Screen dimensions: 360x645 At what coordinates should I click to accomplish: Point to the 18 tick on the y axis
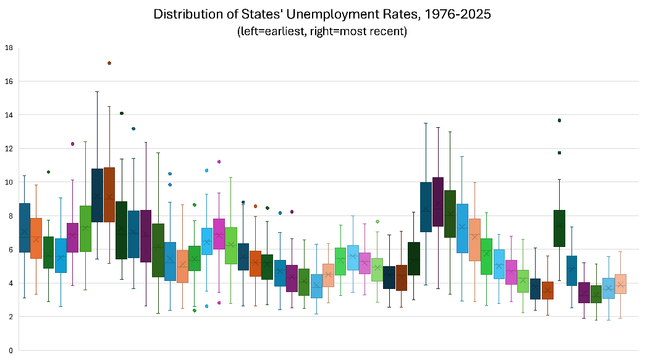click(8, 48)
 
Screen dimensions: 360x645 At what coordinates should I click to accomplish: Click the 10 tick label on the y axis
click(8, 182)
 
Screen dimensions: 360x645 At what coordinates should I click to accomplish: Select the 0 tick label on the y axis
click(10, 350)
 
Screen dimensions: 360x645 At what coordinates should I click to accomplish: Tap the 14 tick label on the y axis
click(8, 115)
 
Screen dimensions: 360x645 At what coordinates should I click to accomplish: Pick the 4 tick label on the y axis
click(10, 283)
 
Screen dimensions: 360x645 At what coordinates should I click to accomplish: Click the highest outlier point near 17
click(109, 63)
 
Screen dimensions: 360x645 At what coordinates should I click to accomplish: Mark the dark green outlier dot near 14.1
click(122, 114)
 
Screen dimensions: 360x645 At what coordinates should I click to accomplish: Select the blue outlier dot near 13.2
click(133, 129)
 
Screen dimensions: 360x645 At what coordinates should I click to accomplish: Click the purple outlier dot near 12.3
click(73, 144)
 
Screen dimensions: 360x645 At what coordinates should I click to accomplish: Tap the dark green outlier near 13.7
click(560, 120)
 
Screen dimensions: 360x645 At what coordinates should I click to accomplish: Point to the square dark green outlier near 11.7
click(560, 153)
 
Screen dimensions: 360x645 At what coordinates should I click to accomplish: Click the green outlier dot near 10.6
click(49, 172)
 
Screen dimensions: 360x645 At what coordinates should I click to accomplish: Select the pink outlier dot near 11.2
click(219, 162)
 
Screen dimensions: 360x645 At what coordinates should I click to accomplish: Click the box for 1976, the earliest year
click(25, 227)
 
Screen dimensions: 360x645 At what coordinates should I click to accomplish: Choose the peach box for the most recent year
click(620, 283)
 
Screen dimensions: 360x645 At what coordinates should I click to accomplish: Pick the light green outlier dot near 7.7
click(377, 222)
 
